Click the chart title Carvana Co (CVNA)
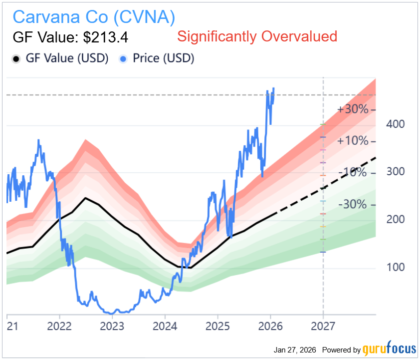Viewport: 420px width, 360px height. pyautogui.click(x=94, y=17)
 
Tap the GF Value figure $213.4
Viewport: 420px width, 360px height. pyautogui.click(x=106, y=37)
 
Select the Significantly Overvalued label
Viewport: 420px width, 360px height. pyautogui.click(x=257, y=36)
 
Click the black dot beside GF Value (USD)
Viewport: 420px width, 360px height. pyautogui.click(x=16, y=59)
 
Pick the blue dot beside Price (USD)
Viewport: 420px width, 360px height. pyautogui.click(x=123, y=59)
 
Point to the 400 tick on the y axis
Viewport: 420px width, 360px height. pyautogui.click(x=396, y=124)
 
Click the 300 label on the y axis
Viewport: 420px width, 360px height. pyautogui.click(x=396, y=172)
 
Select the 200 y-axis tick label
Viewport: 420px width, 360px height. pyautogui.click(x=396, y=219)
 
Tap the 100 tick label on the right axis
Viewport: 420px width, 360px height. pyautogui.click(x=396, y=267)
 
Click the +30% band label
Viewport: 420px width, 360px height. pyautogui.click(x=353, y=109)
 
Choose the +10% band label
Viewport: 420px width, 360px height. pyautogui.click(x=353, y=141)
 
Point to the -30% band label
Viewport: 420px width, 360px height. pyautogui.click(x=353, y=204)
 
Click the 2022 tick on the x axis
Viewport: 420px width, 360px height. pyautogui.click(x=59, y=326)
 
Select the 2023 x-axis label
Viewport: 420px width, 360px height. pyautogui.click(x=112, y=326)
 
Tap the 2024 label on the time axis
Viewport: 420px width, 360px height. pyautogui.click(x=165, y=326)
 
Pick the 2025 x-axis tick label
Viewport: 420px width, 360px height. pyautogui.click(x=217, y=326)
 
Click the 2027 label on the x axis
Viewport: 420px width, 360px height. pyautogui.click(x=323, y=326)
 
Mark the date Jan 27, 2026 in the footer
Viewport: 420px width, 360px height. pyautogui.click(x=295, y=350)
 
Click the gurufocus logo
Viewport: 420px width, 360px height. pyautogui.click(x=389, y=349)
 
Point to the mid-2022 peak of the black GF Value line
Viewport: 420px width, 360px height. pyautogui.click(x=85, y=198)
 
